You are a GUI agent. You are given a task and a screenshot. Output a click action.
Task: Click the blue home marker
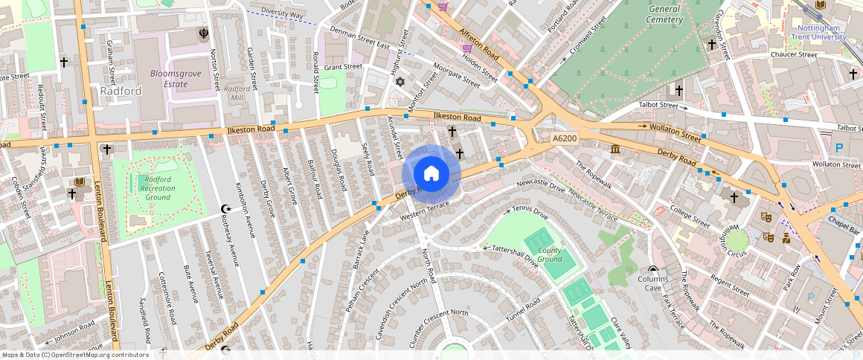431,174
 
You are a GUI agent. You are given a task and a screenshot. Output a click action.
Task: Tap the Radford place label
121,91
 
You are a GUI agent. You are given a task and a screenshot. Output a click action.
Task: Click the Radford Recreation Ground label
158,188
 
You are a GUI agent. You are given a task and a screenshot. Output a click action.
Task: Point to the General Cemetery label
664,13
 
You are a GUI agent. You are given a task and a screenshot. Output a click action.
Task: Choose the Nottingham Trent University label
817,32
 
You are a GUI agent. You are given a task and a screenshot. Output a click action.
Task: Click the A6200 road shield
565,139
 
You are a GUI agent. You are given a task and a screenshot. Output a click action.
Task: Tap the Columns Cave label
653,283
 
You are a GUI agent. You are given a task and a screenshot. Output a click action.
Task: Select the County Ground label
550,255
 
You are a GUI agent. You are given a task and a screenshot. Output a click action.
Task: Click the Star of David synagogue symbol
400,81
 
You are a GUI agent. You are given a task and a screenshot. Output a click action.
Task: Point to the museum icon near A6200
616,150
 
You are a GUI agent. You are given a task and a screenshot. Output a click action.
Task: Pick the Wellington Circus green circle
737,240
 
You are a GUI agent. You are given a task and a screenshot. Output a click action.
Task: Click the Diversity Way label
282,14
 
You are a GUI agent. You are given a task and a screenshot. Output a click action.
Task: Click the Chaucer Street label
794,54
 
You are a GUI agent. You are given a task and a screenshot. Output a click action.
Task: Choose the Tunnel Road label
523,310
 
